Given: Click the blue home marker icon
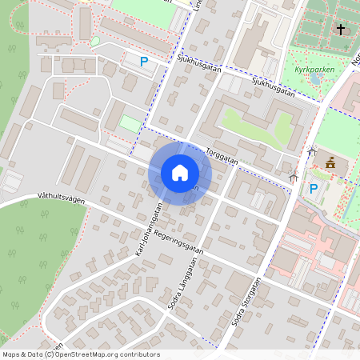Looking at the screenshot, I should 179,173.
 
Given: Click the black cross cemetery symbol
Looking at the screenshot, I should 341,30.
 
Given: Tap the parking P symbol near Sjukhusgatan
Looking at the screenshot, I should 144,61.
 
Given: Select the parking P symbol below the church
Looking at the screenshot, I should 314,190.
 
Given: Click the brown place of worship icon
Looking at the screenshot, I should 330,163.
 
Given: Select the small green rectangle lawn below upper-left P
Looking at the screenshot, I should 130,124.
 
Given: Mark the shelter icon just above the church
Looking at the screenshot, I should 312,151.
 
